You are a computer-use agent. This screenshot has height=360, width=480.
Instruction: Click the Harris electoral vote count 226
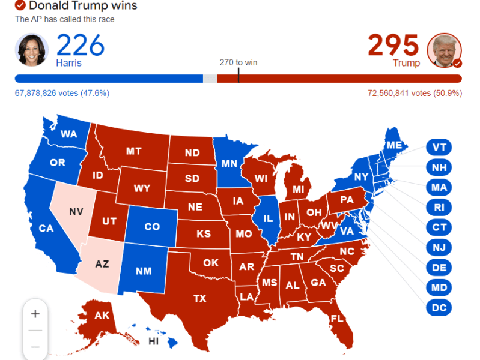click(x=81, y=46)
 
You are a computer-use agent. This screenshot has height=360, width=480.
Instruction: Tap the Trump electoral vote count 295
click(x=393, y=46)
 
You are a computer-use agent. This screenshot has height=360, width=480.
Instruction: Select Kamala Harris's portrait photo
click(x=31, y=50)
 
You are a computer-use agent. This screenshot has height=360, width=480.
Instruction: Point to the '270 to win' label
click(x=238, y=62)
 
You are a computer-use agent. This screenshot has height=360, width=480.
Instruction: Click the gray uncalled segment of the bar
click(x=210, y=79)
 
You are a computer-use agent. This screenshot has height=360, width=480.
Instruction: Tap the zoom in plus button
click(x=35, y=314)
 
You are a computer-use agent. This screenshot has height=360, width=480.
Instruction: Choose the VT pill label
click(x=439, y=148)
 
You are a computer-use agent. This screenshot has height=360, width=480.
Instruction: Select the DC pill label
click(x=439, y=308)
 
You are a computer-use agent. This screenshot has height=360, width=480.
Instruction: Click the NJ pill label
click(x=439, y=247)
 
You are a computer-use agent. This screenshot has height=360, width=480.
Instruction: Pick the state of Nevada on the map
click(x=74, y=213)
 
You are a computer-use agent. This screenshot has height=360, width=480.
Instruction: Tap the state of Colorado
click(x=152, y=227)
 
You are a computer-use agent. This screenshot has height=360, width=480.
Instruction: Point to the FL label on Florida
click(x=336, y=319)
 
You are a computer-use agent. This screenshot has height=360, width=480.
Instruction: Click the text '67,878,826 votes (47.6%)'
click(x=62, y=93)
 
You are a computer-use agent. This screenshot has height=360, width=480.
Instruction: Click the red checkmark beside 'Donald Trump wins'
click(x=20, y=6)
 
